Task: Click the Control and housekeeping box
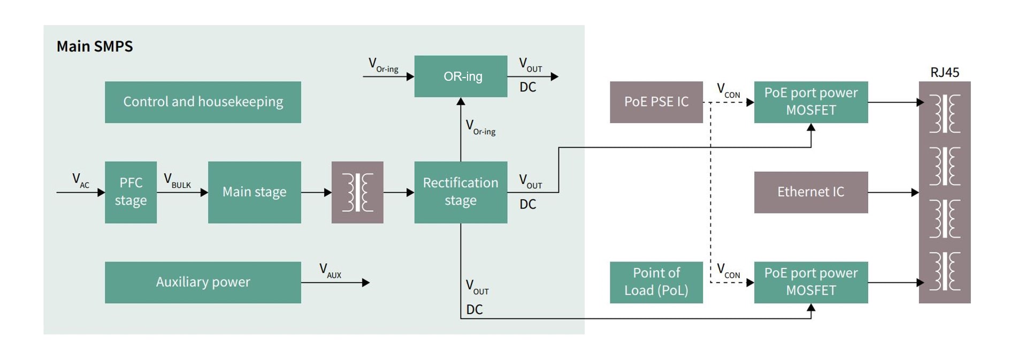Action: coord(203,102)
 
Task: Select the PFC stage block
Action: coord(131,192)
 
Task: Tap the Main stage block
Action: coord(254,192)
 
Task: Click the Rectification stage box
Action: coord(461,192)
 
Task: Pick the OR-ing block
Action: coord(461,76)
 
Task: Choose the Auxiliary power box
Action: coord(203,282)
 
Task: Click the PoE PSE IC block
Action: coord(656,102)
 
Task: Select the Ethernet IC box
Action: coord(810,192)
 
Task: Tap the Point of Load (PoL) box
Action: coord(656,282)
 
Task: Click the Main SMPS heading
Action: coord(95,47)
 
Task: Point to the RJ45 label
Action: coord(944,72)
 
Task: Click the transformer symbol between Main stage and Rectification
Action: coord(357,192)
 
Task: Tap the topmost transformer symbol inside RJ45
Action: coord(945,113)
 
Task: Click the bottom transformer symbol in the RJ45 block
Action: coord(945,271)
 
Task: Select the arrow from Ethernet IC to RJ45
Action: coord(893,192)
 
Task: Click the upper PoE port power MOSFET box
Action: coord(810,102)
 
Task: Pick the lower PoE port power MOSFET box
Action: coord(810,282)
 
